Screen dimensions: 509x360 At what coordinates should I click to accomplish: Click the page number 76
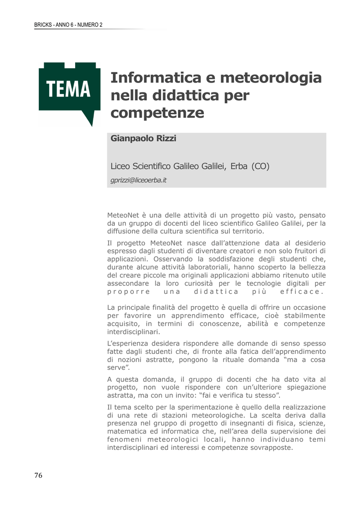[x=38, y=476]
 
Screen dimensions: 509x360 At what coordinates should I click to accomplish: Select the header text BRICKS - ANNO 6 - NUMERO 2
[x=68, y=25]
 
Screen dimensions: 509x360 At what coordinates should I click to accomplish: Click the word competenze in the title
[x=157, y=113]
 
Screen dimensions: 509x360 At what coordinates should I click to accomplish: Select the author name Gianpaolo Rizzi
[x=143, y=139]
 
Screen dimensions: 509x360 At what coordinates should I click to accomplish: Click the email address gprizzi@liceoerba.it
[x=138, y=180]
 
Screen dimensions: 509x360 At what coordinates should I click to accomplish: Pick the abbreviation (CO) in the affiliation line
[x=260, y=166]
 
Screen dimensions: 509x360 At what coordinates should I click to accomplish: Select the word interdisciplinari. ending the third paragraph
[x=134, y=332]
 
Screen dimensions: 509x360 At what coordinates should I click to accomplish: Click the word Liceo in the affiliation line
[x=120, y=166]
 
